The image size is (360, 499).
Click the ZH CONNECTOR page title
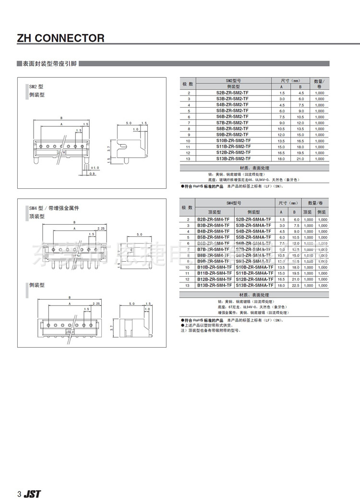click(60, 38)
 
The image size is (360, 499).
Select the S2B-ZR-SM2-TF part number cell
click(232, 92)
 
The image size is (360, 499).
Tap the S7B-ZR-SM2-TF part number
click(232, 122)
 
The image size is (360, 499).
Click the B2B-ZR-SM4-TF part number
click(214, 219)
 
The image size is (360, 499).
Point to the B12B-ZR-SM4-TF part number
click(214, 279)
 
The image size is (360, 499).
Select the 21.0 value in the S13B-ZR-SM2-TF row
click(301, 158)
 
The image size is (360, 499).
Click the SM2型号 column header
click(233, 81)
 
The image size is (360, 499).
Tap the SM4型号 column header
click(234, 204)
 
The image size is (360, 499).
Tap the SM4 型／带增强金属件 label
click(54, 208)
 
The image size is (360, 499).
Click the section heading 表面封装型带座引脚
click(50, 63)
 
